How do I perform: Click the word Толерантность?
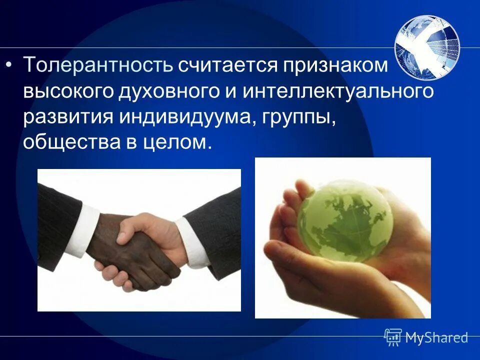point(98,65)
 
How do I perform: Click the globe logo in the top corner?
point(426,46)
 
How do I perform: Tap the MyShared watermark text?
point(436,337)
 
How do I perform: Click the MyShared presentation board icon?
point(393,337)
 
